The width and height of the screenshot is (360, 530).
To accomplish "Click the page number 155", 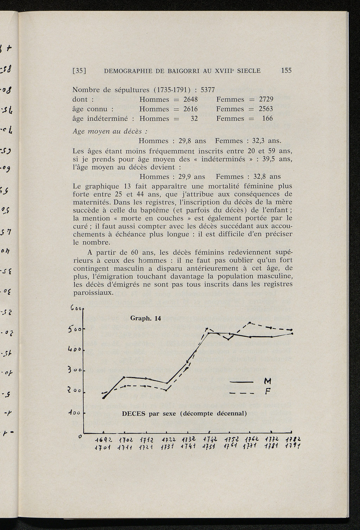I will [x=286, y=71].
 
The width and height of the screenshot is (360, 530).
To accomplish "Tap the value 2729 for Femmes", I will [x=266, y=100].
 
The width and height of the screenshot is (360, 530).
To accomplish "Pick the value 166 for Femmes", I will [x=268, y=119].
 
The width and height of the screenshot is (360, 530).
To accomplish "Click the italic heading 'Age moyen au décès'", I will [x=109, y=131].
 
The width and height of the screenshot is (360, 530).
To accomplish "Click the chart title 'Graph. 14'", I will [x=145, y=318].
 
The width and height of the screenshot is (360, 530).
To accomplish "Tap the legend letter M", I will [x=268, y=381].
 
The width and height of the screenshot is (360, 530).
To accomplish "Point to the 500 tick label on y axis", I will [x=75, y=329].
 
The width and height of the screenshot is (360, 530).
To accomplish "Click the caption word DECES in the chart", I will [x=133, y=414].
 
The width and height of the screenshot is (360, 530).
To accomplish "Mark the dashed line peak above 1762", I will [x=249, y=323].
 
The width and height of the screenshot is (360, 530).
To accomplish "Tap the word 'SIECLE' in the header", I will [x=249, y=71].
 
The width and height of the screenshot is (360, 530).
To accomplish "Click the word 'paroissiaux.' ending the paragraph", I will [x=93, y=293].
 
